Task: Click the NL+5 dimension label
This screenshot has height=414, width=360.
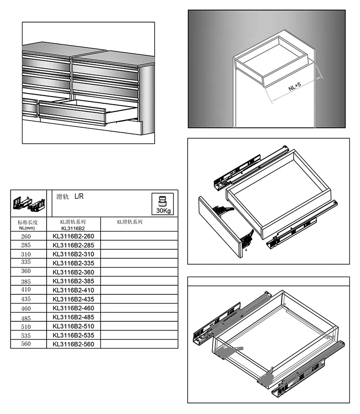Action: [x=295, y=87]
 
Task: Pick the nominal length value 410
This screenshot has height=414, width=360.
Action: [x=26, y=290]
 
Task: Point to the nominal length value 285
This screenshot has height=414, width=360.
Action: [x=26, y=245]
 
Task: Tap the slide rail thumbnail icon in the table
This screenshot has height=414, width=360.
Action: [x=28, y=204]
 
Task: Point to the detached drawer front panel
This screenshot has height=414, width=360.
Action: [x=221, y=226]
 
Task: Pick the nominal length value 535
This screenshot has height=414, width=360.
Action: [x=26, y=335]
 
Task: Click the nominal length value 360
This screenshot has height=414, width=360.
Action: [x=26, y=272]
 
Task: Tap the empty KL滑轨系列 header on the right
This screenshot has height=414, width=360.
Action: [x=130, y=222]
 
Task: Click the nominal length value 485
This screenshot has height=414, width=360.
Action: [x=26, y=317]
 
